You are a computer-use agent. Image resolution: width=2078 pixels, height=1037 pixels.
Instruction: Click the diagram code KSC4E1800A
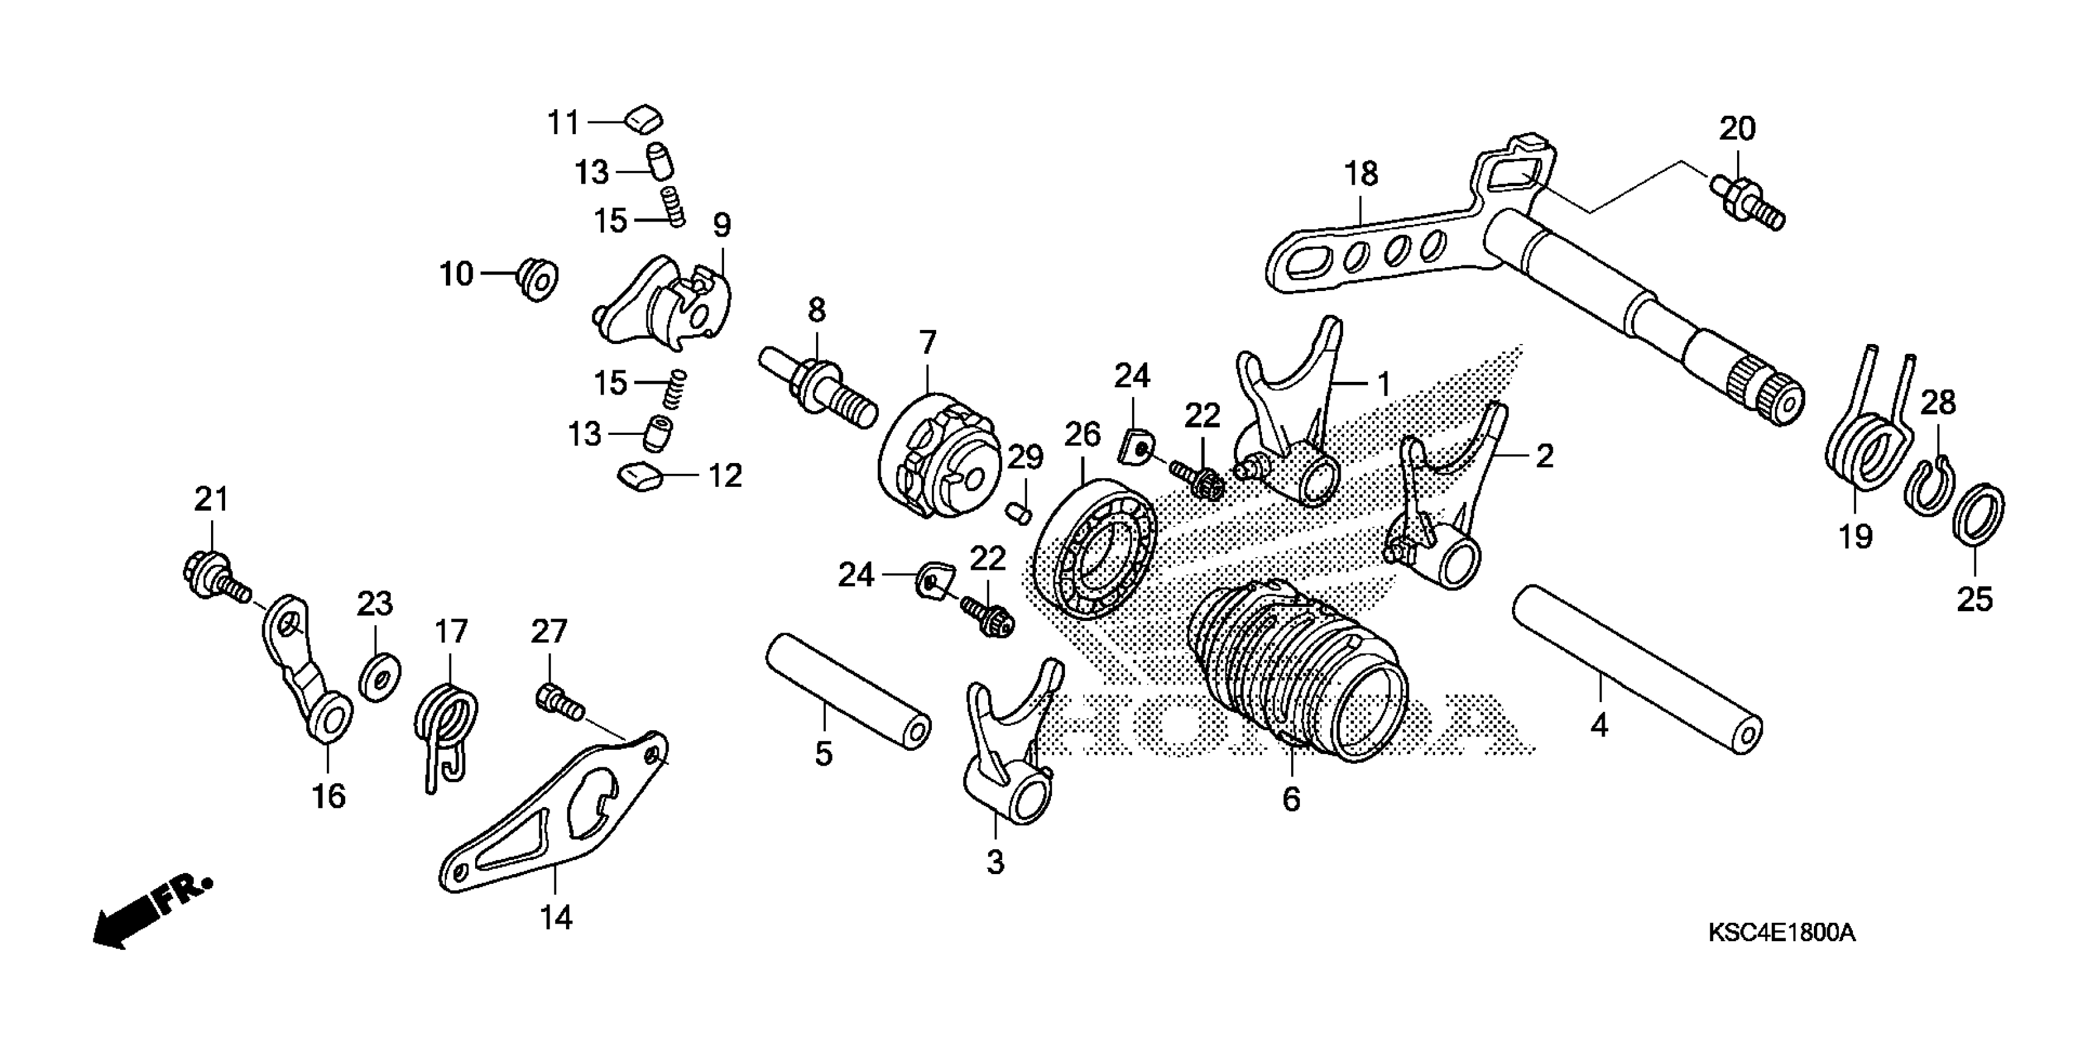coord(1781,934)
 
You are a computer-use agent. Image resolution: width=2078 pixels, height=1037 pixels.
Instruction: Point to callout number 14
coord(556,917)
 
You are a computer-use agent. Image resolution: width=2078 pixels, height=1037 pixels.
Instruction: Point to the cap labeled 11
coord(643,121)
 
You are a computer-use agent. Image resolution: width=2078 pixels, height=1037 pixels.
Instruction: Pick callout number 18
coord(1361,173)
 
